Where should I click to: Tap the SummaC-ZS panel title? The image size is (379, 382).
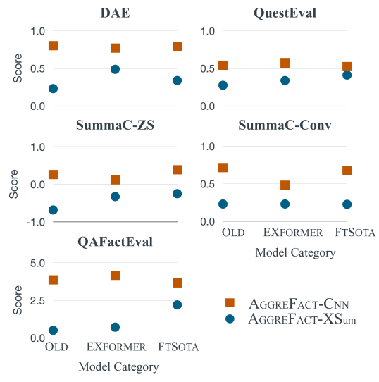pos(115,127)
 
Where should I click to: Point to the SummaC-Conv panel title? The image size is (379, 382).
pos(285,127)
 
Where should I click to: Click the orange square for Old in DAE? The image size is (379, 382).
pos(53,46)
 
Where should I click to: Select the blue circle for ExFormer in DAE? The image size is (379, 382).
pos(115,69)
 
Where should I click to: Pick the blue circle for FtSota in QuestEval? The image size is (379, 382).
pos(347,75)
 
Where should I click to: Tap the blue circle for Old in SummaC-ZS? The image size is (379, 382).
pos(53,210)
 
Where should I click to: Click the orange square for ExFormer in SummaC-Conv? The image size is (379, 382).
pos(285,185)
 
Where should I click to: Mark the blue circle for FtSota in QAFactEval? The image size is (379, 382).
pos(177,304)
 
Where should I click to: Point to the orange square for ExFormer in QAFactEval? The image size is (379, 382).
pos(115,276)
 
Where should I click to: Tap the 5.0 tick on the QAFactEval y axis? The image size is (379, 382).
pos(36,263)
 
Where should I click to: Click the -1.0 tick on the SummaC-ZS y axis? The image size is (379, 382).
pos(35,222)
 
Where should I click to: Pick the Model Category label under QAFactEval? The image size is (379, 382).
pos(118,366)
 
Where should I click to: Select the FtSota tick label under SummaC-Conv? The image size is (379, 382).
pos(354,233)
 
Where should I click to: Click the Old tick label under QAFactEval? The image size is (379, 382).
pos(56,347)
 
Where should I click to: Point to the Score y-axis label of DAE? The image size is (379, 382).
pos(17,68)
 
